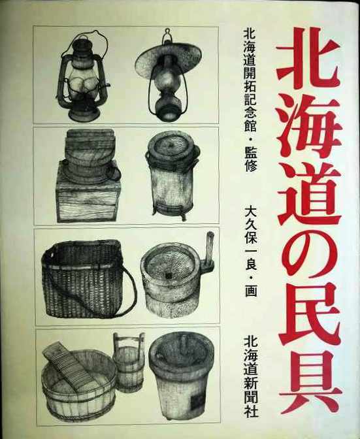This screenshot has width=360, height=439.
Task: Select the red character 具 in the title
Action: [x=311, y=382]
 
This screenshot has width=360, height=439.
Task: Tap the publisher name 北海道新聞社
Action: [x=251, y=377]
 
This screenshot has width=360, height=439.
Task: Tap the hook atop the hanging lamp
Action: [x=167, y=33]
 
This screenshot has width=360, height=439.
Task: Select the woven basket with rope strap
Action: [x=87, y=280]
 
